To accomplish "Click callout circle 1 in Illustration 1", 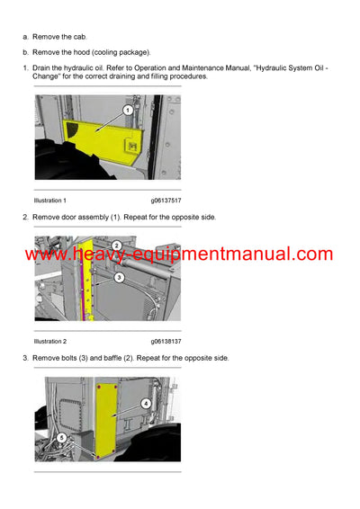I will pyautogui.click(x=128, y=110).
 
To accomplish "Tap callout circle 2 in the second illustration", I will pyautogui.click(x=116, y=246).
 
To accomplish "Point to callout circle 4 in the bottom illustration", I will pyautogui.click(x=147, y=404).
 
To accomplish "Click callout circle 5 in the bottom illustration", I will pyautogui.click(x=60, y=438).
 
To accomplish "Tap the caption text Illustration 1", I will pyautogui.click(x=50, y=200).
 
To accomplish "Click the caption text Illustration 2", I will pyautogui.click(x=50, y=342).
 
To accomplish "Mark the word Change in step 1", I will pyautogui.click(x=47, y=77).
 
